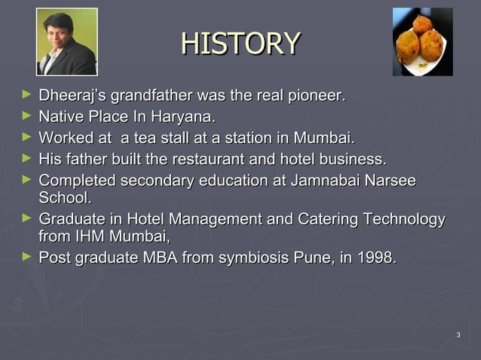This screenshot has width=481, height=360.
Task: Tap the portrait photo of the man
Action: click(66, 42)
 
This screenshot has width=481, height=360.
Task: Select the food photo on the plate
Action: click(422, 42)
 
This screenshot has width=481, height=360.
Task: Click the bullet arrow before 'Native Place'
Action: click(27, 117)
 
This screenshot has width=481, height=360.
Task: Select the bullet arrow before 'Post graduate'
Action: click(27, 257)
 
